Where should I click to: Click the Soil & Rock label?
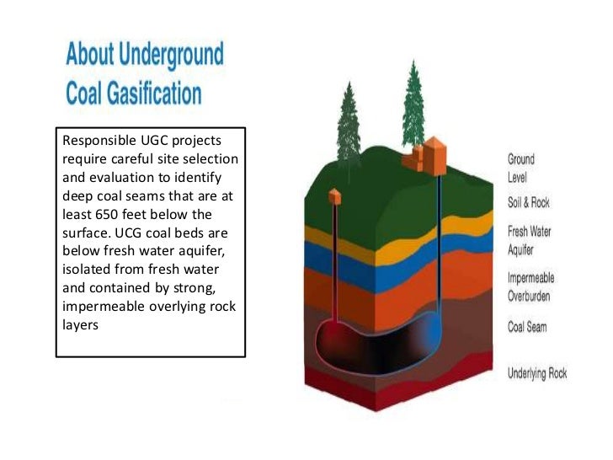(529, 203)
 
